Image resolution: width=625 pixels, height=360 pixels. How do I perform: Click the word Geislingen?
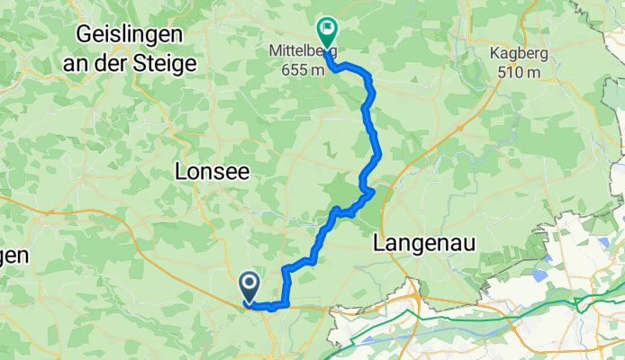131,35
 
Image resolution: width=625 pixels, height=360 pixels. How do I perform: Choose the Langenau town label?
423,243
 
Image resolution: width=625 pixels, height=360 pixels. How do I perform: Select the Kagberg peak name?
519,52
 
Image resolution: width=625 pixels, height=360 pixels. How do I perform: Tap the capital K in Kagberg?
494,52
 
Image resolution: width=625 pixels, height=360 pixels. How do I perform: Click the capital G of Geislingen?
86,35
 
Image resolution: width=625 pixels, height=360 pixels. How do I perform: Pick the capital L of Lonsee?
178,171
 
